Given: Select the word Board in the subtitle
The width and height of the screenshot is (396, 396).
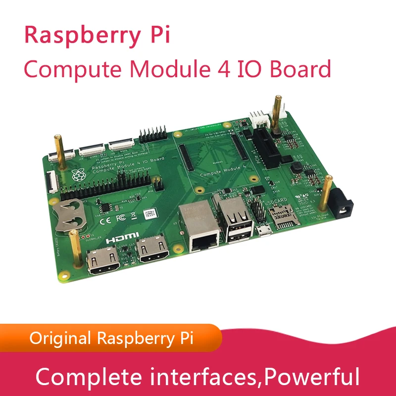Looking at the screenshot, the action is [300, 69].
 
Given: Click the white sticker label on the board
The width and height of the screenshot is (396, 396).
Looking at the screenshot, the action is [150, 214].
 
